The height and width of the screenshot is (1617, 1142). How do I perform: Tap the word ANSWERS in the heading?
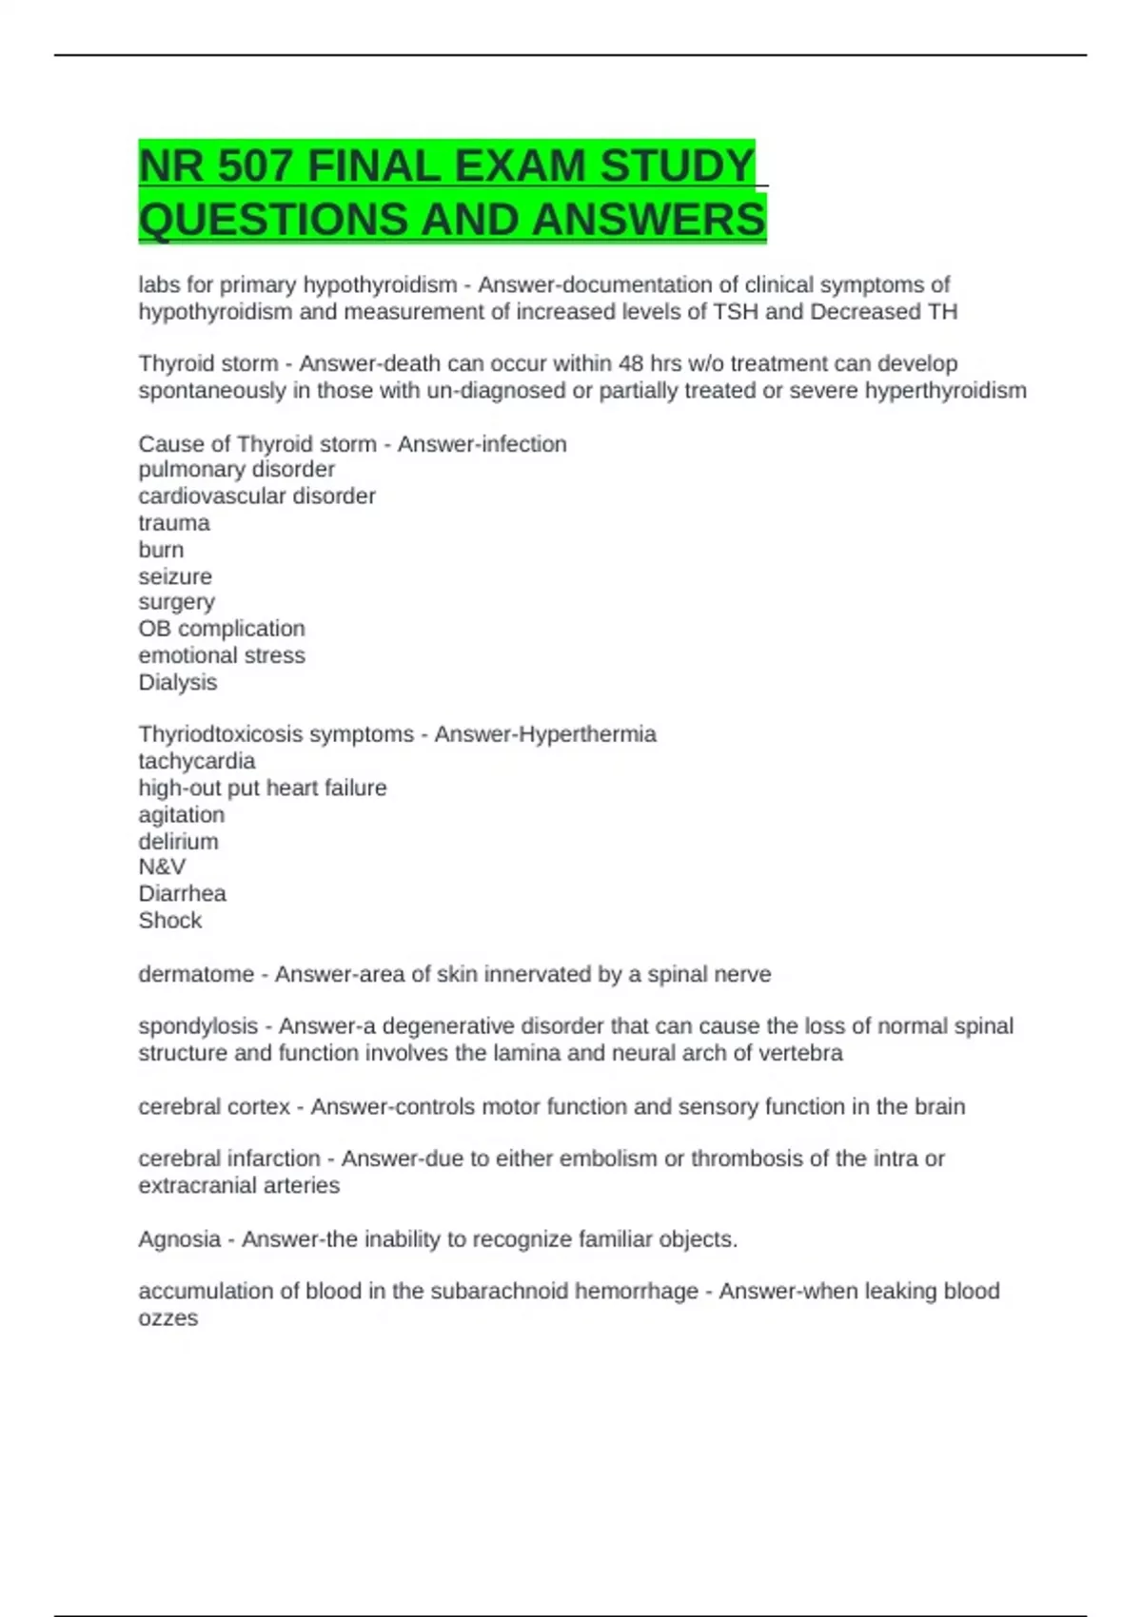coord(648,220)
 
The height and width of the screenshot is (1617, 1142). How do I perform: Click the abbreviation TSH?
coord(735,312)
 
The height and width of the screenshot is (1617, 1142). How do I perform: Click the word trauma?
coord(174,523)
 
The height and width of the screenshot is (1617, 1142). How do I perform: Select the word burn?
coord(161,550)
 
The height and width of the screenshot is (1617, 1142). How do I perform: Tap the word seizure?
coord(175,576)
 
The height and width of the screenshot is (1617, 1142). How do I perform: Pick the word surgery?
coord(176,603)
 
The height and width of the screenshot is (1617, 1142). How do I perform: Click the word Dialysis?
coord(178,682)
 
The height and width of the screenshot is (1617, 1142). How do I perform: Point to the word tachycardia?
coord(197,761)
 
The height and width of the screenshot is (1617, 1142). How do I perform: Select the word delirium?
coord(178,841)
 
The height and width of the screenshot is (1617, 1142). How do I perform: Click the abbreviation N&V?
coord(162,867)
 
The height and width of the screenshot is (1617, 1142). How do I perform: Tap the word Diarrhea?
coord(183,893)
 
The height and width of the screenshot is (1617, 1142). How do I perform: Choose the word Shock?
coord(170,920)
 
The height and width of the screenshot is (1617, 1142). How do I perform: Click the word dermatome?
coord(196,974)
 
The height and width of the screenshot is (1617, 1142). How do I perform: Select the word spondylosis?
coord(198,1026)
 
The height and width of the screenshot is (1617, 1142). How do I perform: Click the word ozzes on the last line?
coord(168,1318)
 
